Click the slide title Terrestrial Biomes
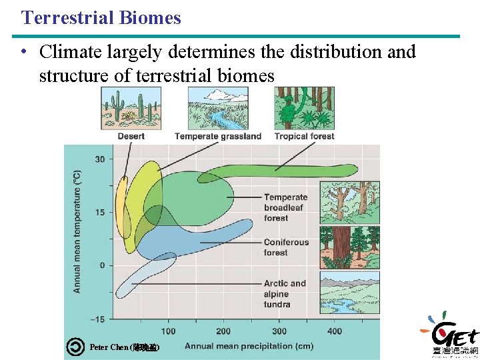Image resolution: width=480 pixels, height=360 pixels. tap(101, 17)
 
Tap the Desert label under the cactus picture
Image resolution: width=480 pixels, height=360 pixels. tap(131, 136)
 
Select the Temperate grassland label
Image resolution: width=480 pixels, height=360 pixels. tap(218, 136)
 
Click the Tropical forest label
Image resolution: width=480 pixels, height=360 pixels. tap(305, 136)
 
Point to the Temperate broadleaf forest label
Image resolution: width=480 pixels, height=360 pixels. tap(285, 207)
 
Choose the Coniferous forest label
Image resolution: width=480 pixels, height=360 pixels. tap(286, 247)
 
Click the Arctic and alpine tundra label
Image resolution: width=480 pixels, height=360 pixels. tap(285, 293)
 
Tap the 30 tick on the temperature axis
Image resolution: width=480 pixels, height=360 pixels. tap(99, 159)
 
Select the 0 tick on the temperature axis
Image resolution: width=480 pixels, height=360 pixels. tap(101, 265)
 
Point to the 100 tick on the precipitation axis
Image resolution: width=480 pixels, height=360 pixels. tap(168, 331)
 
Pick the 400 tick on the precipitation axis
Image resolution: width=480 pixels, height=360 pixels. tap(335, 331)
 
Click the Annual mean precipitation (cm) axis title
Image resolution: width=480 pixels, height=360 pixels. tap(248, 346)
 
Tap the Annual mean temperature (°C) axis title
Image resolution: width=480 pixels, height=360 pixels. tap(77, 231)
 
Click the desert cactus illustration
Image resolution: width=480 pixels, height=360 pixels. tap(131, 108)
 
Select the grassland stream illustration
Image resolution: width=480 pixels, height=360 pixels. tap(218, 108)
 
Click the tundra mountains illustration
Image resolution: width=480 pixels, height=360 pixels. tap(350, 292)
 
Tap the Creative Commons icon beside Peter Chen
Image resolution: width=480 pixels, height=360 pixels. tap(76, 347)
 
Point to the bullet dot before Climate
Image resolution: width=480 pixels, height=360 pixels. tap(23, 52)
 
